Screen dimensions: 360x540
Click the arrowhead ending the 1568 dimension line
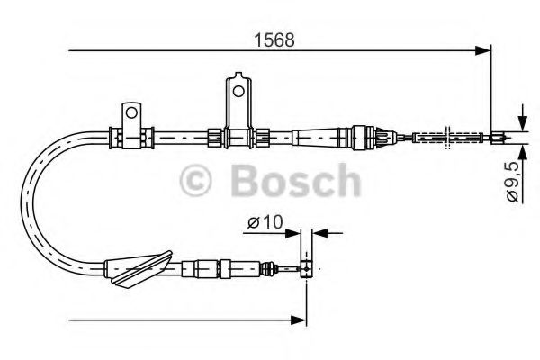(485, 52)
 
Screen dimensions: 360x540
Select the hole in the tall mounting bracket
(237, 90)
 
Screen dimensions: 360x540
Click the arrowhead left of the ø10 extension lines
(294, 232)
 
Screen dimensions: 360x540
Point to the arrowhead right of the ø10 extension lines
(320, 232)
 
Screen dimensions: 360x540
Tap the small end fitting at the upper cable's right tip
(498, 138)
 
